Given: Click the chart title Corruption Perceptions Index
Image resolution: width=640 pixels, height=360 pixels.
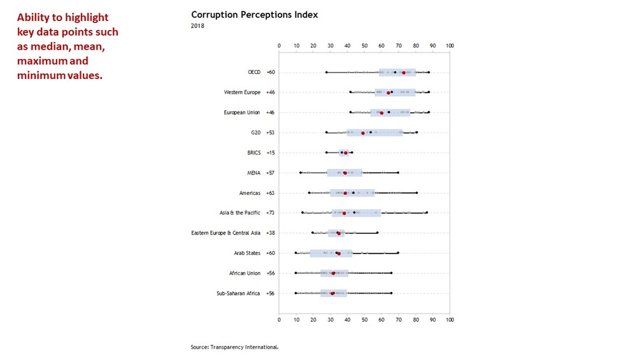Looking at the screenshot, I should click(254, 15).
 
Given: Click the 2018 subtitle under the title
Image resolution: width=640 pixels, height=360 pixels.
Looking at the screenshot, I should click(197, 25).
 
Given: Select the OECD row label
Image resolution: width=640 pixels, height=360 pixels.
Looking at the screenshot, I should click(254, 72).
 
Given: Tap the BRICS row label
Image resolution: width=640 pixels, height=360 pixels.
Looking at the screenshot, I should click(254, 153).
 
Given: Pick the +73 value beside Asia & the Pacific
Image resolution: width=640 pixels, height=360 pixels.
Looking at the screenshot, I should click(271, 212).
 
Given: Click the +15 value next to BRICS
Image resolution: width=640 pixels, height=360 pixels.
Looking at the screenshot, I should click(271, 153).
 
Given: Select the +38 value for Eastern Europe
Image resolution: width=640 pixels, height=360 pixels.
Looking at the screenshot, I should click(271, 233).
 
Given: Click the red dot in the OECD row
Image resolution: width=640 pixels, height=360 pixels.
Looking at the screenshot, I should click(404, 73).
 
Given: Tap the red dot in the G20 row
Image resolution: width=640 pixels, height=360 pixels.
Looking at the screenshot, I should click(363, 133).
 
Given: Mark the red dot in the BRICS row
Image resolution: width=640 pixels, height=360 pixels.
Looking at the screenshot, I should click(346, 153).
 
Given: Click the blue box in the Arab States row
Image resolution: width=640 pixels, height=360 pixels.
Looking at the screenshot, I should click(331, 253).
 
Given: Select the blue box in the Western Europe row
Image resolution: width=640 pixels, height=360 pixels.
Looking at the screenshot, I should click(395, 92).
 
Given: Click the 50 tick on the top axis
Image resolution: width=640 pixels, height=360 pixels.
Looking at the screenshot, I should click(365, 46).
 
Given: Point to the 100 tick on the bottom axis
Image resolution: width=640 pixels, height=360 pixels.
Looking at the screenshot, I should click(450, 320).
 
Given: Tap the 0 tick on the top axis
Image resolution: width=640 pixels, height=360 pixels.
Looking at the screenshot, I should click(280, 46).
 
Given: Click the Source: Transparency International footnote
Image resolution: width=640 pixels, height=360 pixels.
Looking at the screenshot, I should click(234, 347).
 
